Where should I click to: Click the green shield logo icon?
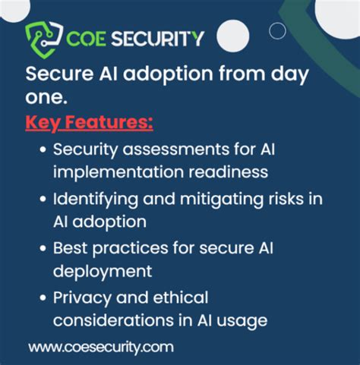point(41,38)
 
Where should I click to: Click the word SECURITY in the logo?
point(159,38)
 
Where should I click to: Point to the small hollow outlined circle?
point(278,30)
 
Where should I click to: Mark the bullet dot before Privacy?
point(45,297)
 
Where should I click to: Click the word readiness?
point(232,171)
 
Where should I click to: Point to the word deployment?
point(103,269)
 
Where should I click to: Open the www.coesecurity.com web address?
point(101,347)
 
